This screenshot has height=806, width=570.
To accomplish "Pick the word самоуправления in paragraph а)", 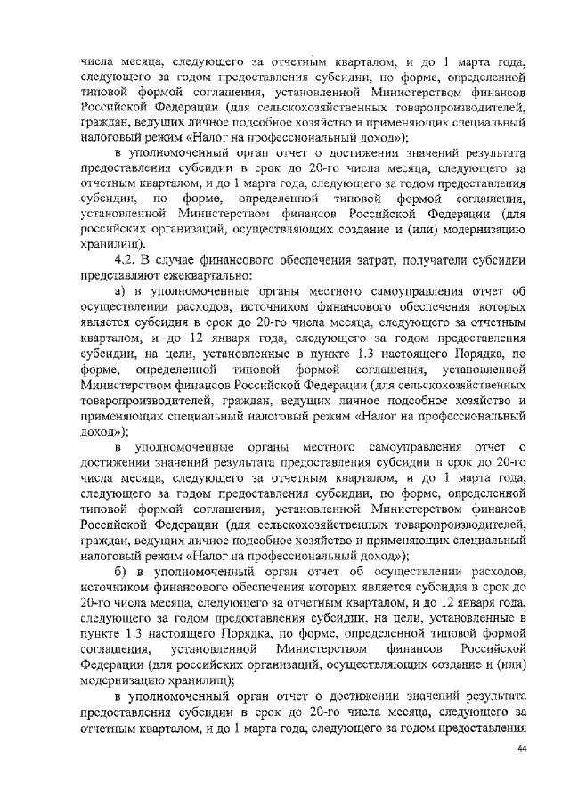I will coord(399,291).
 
